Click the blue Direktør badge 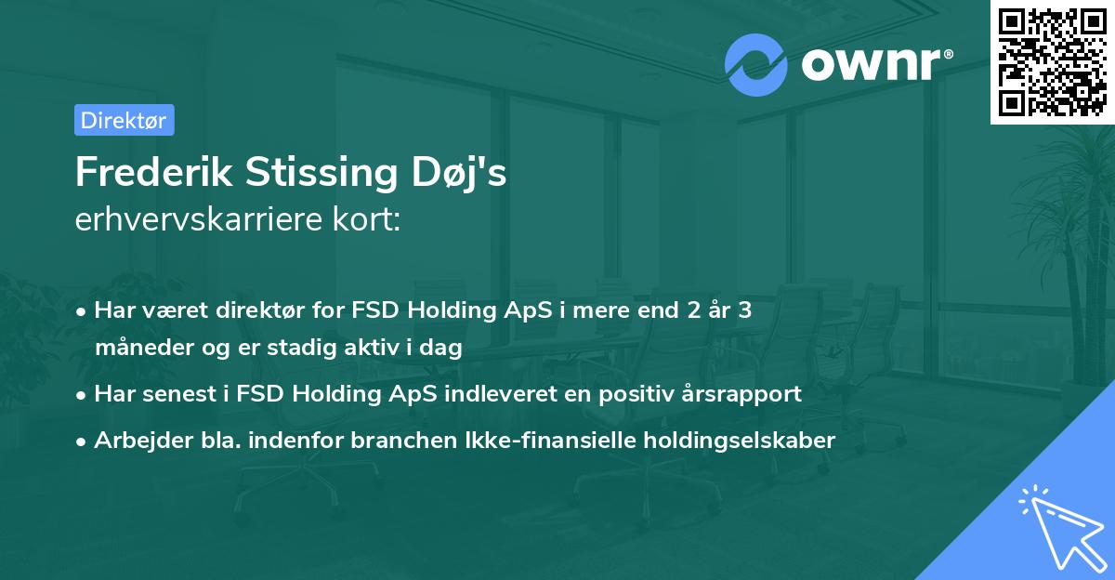pyautogui.click(x=124, y=120)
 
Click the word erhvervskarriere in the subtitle pyautogui.click(x=190, y=220)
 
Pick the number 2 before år pyautogui.click(x=692, y=310)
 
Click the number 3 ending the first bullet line pyautogui.click(x=744, y=310)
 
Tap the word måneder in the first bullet pyautogui.click(x=138, y=348)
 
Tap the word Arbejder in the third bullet pyautogui.click(x=136, y=440)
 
